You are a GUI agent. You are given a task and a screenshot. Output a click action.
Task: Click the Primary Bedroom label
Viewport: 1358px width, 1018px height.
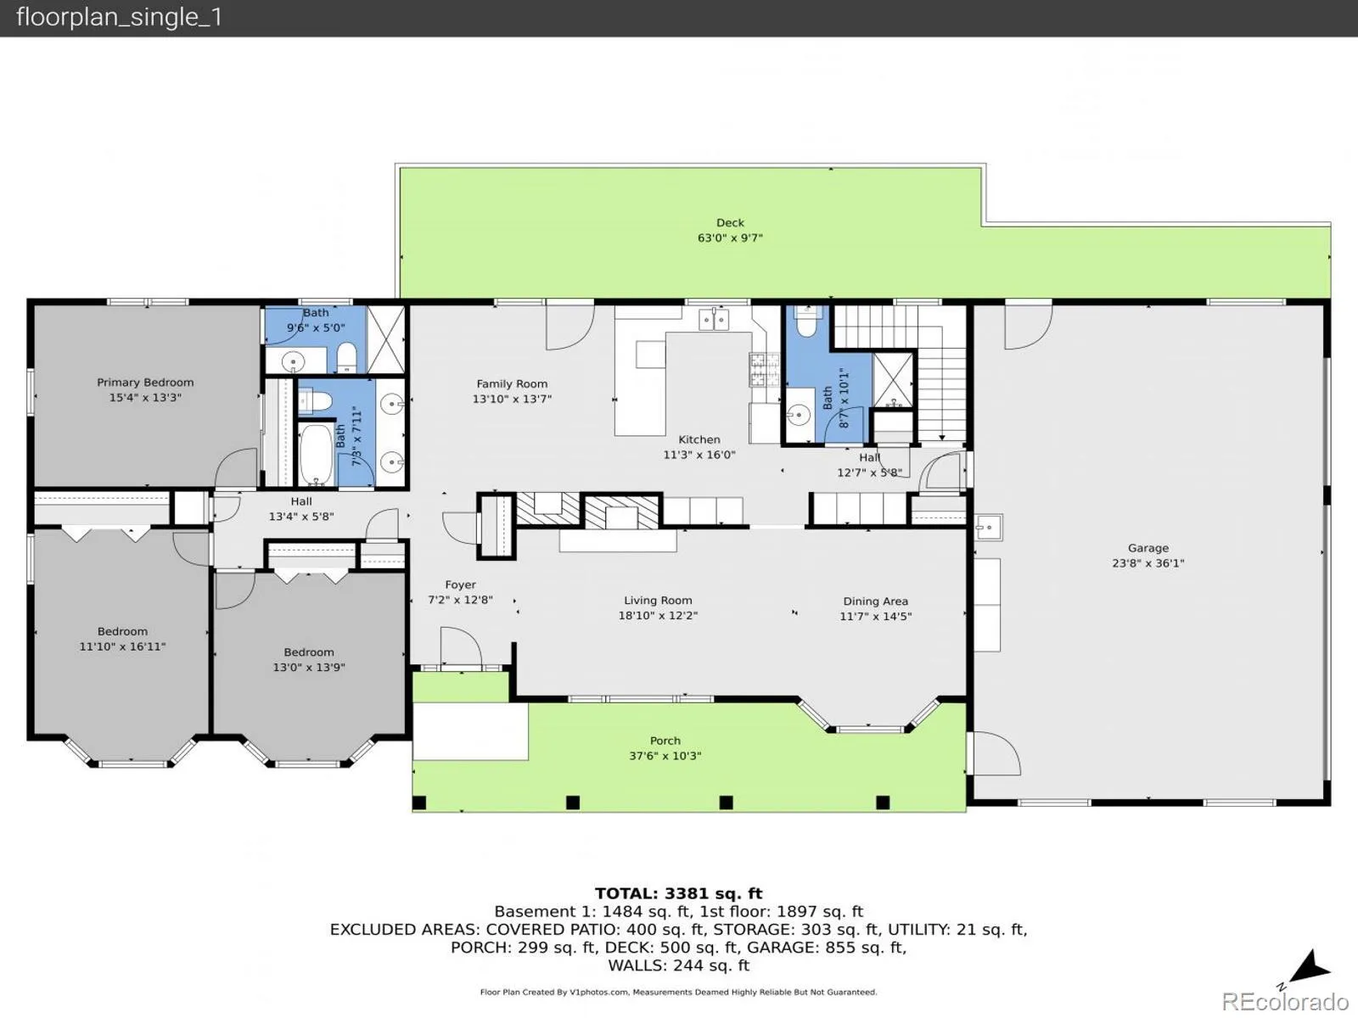(x=145, y=383)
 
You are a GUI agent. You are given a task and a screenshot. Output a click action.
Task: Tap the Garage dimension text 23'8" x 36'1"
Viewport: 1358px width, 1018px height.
(x=1148, y=563)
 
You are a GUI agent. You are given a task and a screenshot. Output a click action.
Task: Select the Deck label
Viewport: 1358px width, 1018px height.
(x=730, y=222)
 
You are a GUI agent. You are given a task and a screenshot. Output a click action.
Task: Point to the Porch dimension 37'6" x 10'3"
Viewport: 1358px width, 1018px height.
(x=665, y=755)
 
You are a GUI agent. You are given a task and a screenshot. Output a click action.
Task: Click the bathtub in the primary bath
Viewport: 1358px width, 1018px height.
(x=316, y=455)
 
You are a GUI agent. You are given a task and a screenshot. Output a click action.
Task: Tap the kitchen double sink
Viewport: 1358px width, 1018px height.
(x=714, y=320)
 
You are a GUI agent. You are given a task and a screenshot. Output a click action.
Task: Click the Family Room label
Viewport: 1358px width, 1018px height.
(x=512, y=383)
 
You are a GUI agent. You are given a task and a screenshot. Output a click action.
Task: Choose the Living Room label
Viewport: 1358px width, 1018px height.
(x=658, y=600)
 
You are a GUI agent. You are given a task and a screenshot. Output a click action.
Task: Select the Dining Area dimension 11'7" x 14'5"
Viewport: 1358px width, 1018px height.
(x=875, y=616)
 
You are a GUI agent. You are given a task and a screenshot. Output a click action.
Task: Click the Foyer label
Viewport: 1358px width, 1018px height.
(x=460, y=585)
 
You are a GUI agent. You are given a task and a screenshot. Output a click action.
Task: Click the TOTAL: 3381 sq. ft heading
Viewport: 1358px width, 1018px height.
(x=679, y=893)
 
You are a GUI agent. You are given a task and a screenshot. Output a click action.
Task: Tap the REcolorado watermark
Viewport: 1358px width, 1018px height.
(x=1285, y=1001)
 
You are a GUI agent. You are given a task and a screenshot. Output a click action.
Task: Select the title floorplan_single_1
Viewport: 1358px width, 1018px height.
(x=120, y=17)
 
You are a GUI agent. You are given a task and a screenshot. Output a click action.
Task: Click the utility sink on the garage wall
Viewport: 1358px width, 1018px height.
(x=989, y=527)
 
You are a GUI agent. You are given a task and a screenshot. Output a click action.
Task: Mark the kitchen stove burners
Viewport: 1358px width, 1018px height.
(x=765, y=369)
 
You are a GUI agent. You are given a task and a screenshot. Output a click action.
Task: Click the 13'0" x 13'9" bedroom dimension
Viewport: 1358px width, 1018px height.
(x=309, y=668)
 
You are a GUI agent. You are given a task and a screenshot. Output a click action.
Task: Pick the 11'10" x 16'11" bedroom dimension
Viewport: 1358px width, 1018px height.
(x=122, y=646)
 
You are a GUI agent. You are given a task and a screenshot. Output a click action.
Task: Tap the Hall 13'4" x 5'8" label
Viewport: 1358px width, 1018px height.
(x=301, y=509)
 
